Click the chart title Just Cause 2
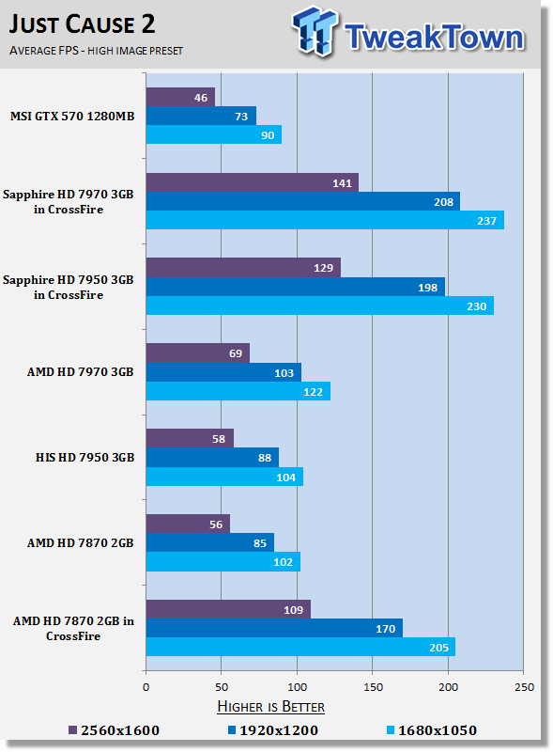[82, 24]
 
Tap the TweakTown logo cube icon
[315, 31]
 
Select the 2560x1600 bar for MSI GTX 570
[180, 97]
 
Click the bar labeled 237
[325, 220]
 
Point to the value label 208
[443, 202]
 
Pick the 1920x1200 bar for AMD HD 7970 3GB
[223, 372]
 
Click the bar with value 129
[243, 268]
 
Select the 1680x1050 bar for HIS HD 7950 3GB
[224, 477]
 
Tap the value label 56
[216, 525]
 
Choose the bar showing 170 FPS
[274, 628]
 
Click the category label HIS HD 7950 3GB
[84, 458]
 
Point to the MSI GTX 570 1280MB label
[72, 116]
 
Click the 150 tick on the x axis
[373, 687]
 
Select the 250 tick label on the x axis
[524, 687]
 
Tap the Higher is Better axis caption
[270, 707]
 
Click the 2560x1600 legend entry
[114, 730]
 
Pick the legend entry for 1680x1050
[431, 730]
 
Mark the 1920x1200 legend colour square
[232, 730]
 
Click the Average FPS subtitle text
[96, 51]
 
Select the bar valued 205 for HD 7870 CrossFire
[300, 647]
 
